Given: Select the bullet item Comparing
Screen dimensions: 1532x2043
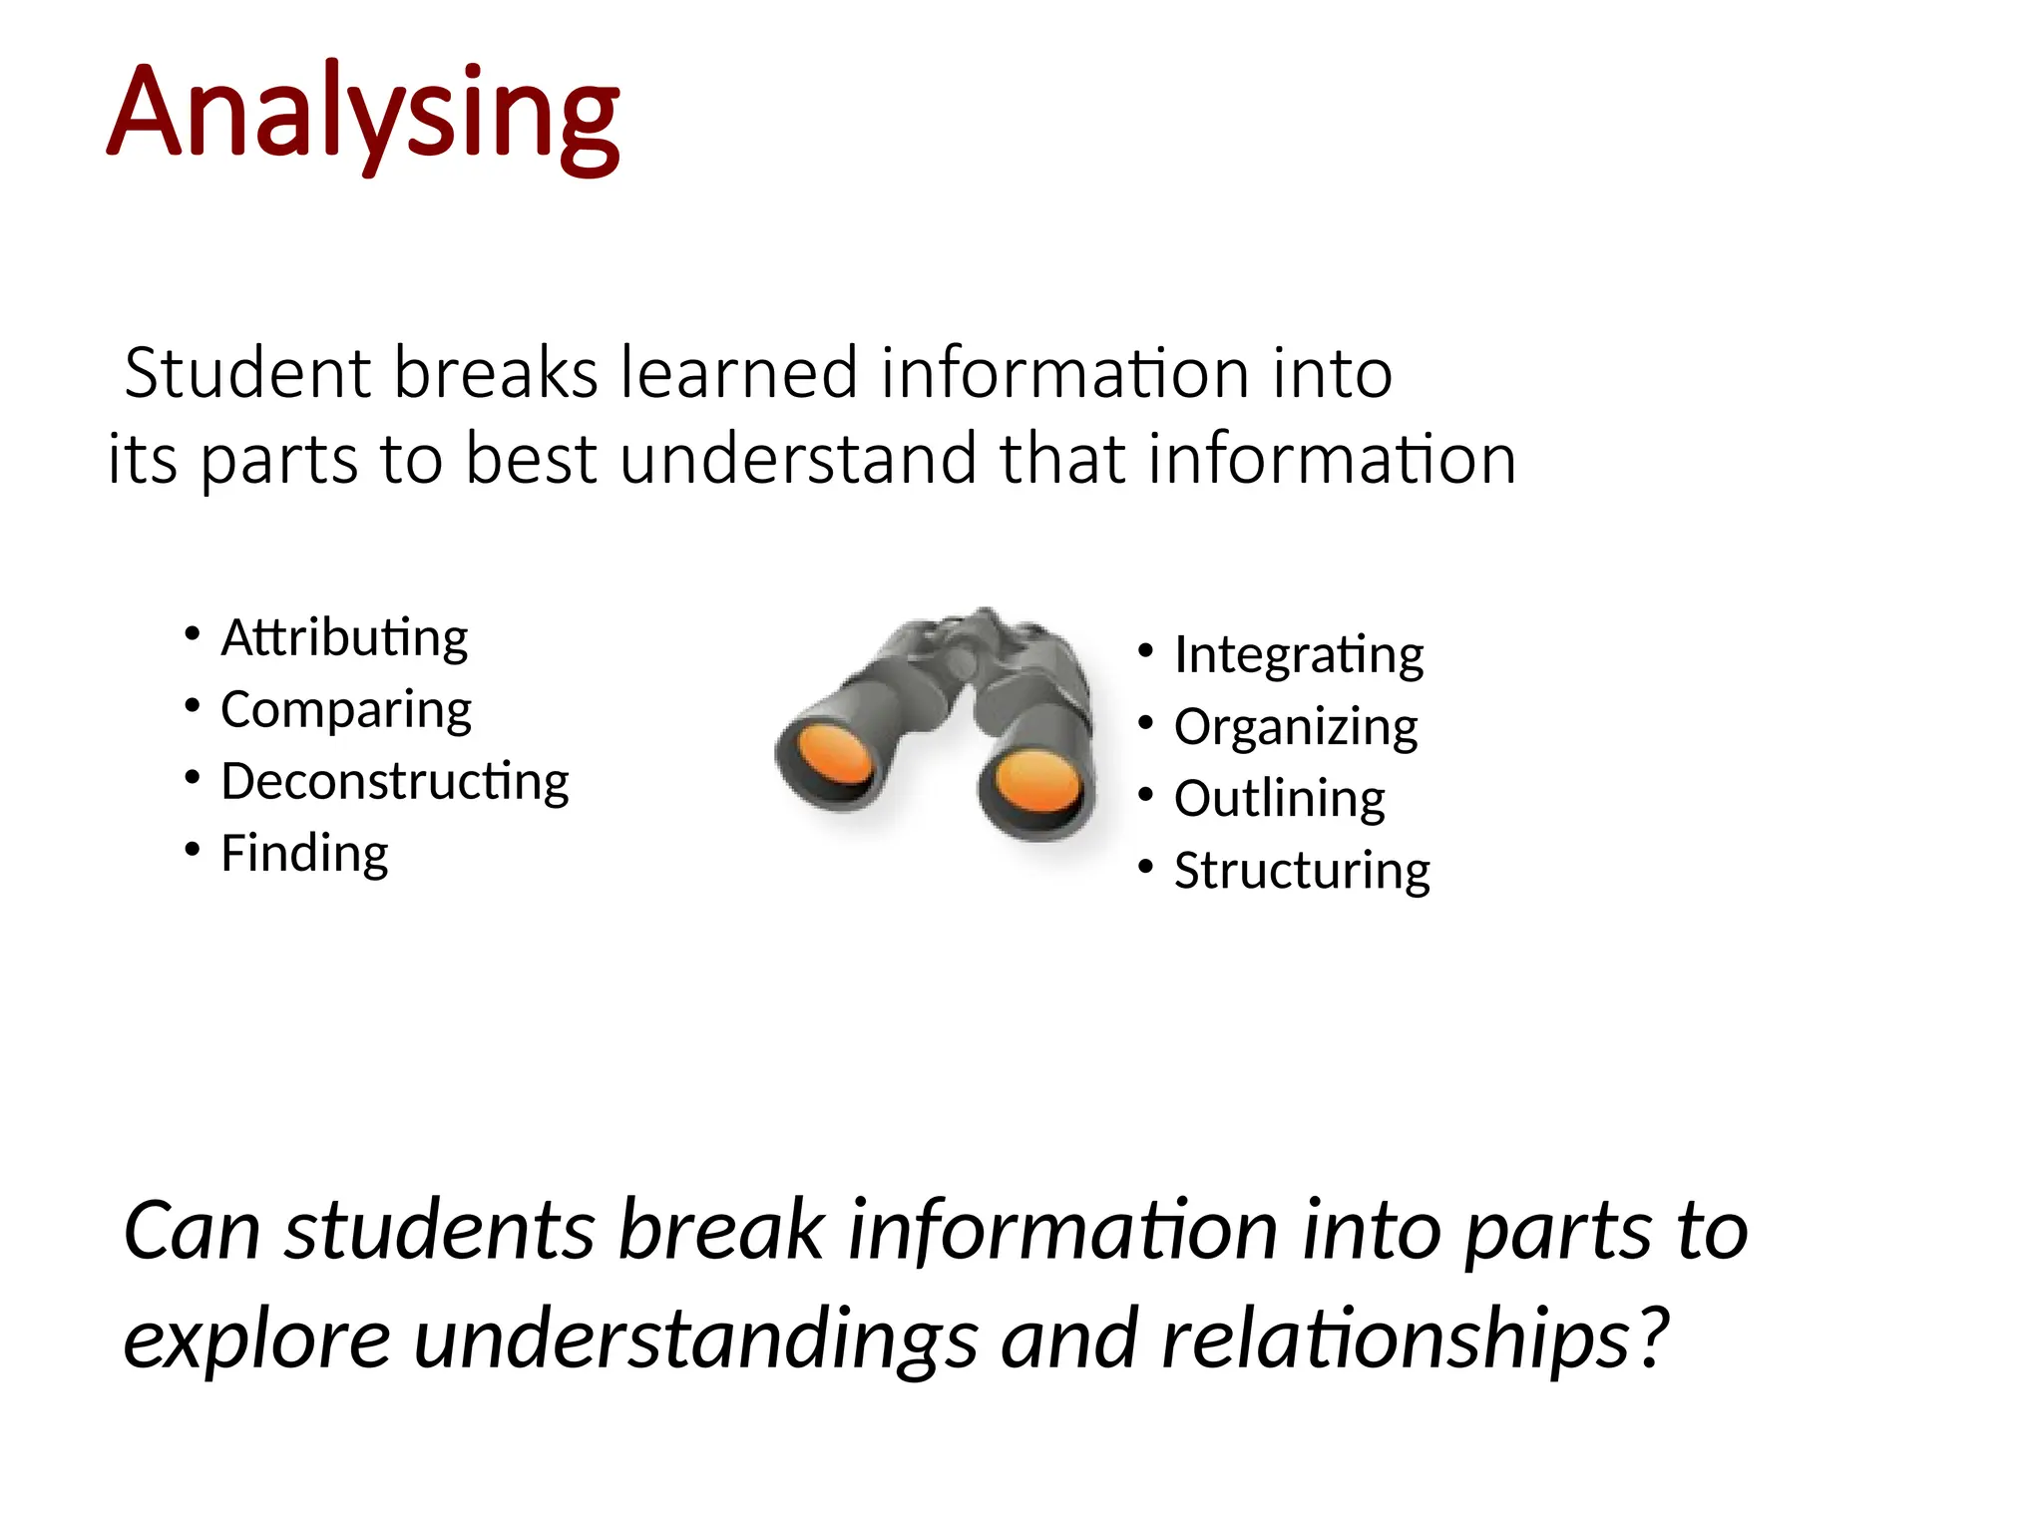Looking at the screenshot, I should pos(346,710).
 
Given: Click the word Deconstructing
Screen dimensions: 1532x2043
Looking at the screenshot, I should pos(395,781).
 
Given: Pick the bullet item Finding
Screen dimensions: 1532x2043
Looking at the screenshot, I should pos(304,854).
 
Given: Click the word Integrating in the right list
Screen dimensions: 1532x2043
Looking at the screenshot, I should pos(1299,655).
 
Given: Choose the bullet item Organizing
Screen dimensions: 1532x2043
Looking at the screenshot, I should pos(1296,727).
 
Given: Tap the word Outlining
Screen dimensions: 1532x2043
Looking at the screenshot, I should pos(1280,799).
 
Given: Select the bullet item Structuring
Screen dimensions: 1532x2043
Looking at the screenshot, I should pos(1302,871).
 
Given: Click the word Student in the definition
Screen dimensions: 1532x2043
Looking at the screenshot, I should pos(248,372).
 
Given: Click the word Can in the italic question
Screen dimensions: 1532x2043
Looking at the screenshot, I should pos(192,1231).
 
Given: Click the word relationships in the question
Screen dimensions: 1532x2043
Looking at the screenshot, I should pos(1396,1339).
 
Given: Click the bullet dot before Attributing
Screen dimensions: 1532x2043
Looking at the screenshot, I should pos(193,634).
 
